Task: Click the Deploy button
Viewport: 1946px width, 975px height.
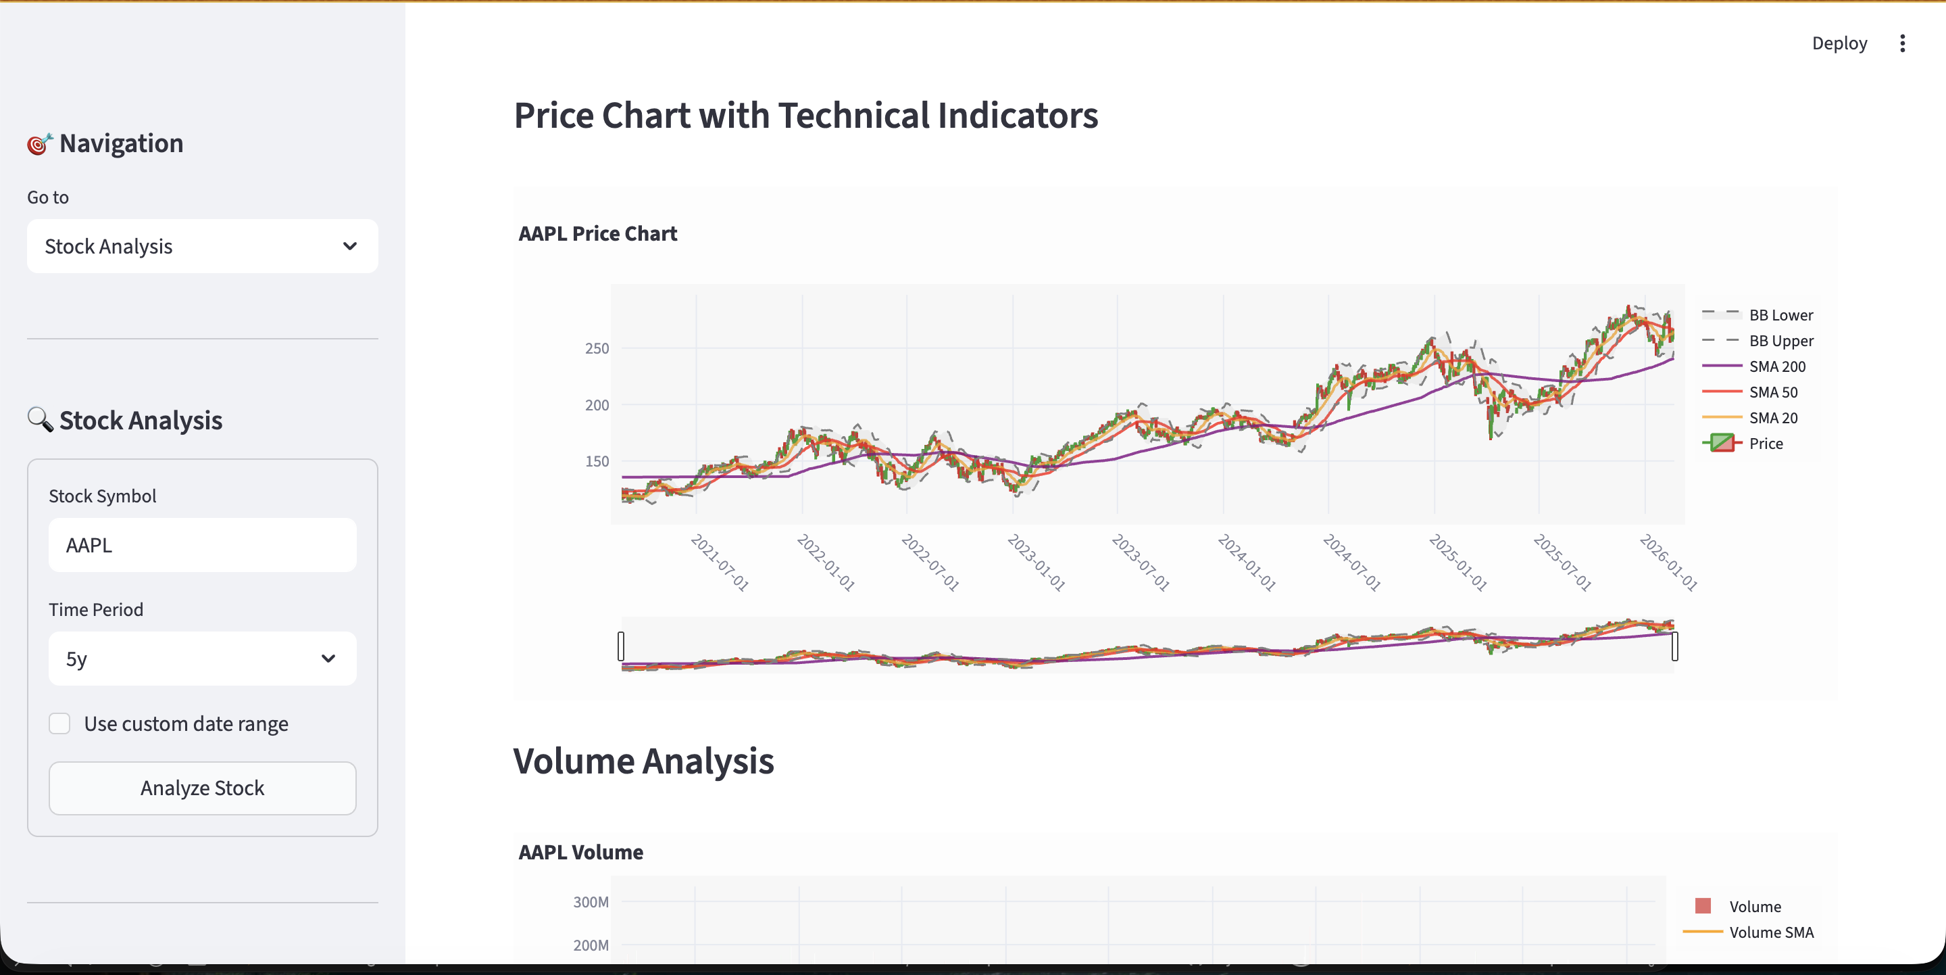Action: (x=1839, y=43)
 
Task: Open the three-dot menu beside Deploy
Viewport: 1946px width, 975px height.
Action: (x=1902, y=43)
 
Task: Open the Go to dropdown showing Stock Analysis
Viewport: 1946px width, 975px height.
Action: (x=203, y=246)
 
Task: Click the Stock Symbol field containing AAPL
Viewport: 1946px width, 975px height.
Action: (x=203, y=545)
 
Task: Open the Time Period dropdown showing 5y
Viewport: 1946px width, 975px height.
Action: (x=203, y=659)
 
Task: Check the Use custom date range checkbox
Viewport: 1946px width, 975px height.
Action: (x=59, y=724)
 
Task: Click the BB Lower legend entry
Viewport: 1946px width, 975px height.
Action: (x=1780, y=315)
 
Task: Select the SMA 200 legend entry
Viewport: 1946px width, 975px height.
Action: (x=1777, y=366)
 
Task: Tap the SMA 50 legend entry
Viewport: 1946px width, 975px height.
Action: (x=1773, y=392)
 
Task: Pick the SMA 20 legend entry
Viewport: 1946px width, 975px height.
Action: (x=1773, y=418)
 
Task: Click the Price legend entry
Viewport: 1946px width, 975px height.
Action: (x=1766, y=444)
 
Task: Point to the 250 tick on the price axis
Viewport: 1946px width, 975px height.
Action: (x=597, y=348)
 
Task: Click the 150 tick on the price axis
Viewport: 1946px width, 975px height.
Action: (x=597, y=461)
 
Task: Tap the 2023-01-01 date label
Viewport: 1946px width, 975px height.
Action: (x=1037, y=563)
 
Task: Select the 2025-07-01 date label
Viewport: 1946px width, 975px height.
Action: (x=1562, y=563)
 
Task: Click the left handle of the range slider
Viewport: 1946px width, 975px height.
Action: (x=621, y=646)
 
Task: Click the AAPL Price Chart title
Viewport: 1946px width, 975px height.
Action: (x=597, y=233)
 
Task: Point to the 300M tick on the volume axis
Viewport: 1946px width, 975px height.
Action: (x=591, y=902)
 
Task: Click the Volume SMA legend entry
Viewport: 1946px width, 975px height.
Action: (x=1771, y=932)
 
